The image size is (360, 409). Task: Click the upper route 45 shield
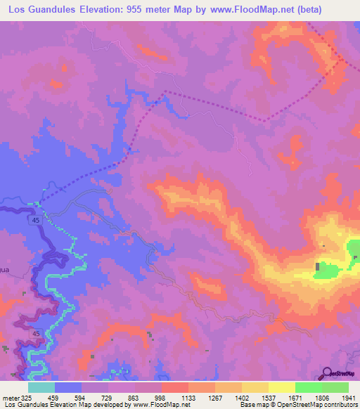coord(34,221)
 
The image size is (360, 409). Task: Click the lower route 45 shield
coord(34,333)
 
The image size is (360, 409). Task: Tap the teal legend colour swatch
coord(41,387)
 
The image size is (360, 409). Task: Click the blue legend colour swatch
coord(68,387)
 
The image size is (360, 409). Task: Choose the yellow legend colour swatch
coord(282,387)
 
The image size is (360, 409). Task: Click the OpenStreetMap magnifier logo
coord(326,372)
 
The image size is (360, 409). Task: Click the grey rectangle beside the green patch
coord(319,267)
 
